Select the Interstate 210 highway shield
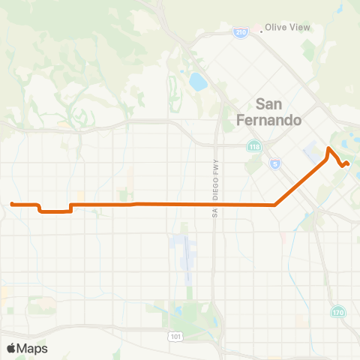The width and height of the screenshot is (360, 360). [239, 34]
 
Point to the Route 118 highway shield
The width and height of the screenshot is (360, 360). [253, 147]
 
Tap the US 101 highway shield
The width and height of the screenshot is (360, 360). [176, 337]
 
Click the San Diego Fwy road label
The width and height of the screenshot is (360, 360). [213, 202]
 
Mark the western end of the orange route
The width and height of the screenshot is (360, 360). [12, 203]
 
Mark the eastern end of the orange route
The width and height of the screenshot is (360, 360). [347, 163]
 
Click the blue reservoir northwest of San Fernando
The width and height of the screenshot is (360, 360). [198, 81]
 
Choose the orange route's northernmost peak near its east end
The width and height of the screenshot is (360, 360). [328, 148]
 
